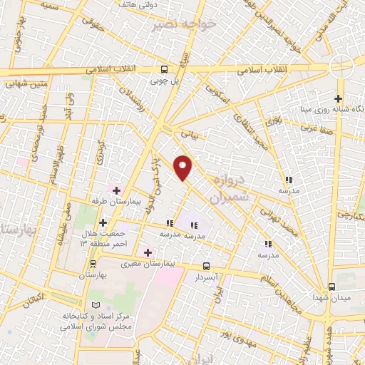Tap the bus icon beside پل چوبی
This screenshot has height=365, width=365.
pyautogui.click(x=165, y=69)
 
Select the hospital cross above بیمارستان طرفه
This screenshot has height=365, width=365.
pyautogui.click(x=116, y=190)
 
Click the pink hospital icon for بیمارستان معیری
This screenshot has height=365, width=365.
pyautogui.click(x=148, y=251)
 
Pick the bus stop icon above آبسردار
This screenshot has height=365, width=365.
pyautogui.click(x=207, y=265)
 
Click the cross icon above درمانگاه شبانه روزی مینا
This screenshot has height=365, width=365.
pyautogui.click(x=339, y=99)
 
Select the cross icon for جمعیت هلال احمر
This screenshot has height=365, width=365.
pyautogui.click(x=103, y=223)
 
